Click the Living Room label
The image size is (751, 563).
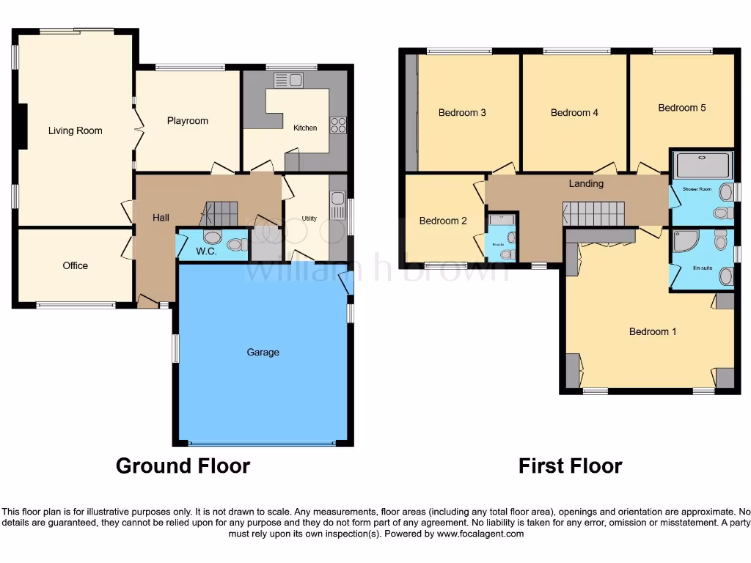(75, 130)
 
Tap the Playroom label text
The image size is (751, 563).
(187, 121)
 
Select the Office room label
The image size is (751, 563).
(75, 265)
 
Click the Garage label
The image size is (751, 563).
(263, 353)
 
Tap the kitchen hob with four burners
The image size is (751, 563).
(338, 125)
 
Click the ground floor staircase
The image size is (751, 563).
(219, 213)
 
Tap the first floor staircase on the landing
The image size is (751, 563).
(593, 214)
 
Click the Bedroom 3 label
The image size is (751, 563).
(462, 113)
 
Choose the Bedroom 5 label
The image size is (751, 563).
(682, 108)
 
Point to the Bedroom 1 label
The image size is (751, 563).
(653, 331)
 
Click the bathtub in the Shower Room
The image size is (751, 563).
(703, 166)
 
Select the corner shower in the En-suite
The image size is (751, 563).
(685, 240)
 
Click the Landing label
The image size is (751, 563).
(586, 183)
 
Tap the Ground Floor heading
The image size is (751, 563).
(183, 466)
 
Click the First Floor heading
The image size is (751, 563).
(570, 466)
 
